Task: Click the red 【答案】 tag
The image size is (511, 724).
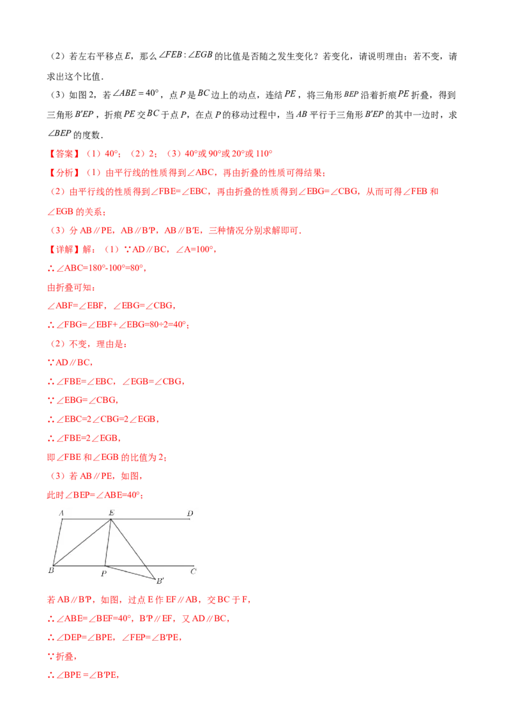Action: tap(64, 153)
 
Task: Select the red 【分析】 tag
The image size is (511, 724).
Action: tap(64, 173)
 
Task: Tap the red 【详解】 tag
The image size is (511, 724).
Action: tap(64, 249)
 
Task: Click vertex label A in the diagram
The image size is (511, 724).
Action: tap(61, 512)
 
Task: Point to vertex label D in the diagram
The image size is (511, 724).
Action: tap(190, 513)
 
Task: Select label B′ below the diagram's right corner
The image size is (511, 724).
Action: tap(160, 580)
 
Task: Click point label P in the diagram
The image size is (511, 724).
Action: tap(103, 574)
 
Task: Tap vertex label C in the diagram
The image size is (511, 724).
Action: tap(194, 571)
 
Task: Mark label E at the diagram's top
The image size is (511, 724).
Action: tap(111, 512)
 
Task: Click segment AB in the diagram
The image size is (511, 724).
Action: tap(57, 542)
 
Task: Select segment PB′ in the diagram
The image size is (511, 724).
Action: tap(130, 572)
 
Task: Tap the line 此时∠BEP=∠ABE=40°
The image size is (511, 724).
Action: tap(95, 495)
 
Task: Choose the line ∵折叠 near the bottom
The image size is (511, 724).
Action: tap(62, 656)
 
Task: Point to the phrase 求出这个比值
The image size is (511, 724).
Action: tap(74, 76)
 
